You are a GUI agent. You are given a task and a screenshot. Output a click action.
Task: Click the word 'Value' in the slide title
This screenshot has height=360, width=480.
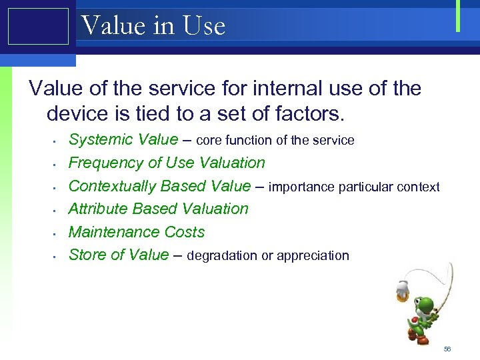click(x=113, y=26)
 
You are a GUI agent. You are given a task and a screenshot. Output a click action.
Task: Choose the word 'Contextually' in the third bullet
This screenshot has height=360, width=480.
click(x=115, y=186)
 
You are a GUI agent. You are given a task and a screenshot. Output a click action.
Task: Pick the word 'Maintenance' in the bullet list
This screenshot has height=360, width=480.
click(x=113, y=232)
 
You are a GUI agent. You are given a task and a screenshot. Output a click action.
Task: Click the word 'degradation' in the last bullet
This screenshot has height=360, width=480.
click(x=223, y=255)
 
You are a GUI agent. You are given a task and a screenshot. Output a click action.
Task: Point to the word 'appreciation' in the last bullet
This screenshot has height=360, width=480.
click(x=313, y=256)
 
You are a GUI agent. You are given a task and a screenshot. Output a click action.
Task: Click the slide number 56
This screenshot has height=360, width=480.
click(x=447, y=349)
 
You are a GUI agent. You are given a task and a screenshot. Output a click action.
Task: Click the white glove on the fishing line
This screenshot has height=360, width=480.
click(x=402, y=286)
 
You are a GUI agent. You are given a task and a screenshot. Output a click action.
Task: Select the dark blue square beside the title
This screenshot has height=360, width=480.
click(x=38, y=27)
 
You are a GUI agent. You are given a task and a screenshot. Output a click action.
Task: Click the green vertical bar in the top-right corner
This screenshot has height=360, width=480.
click(x=458, y=15)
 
